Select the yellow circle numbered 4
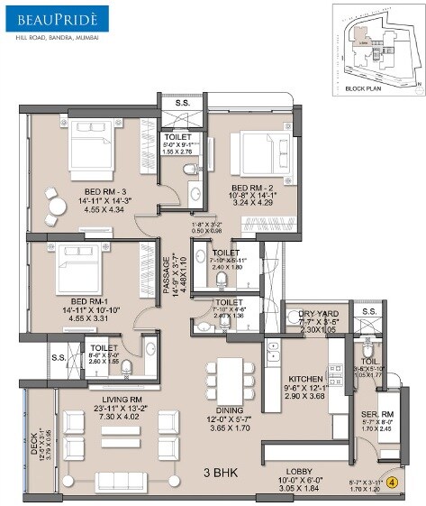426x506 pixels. [394, 483]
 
